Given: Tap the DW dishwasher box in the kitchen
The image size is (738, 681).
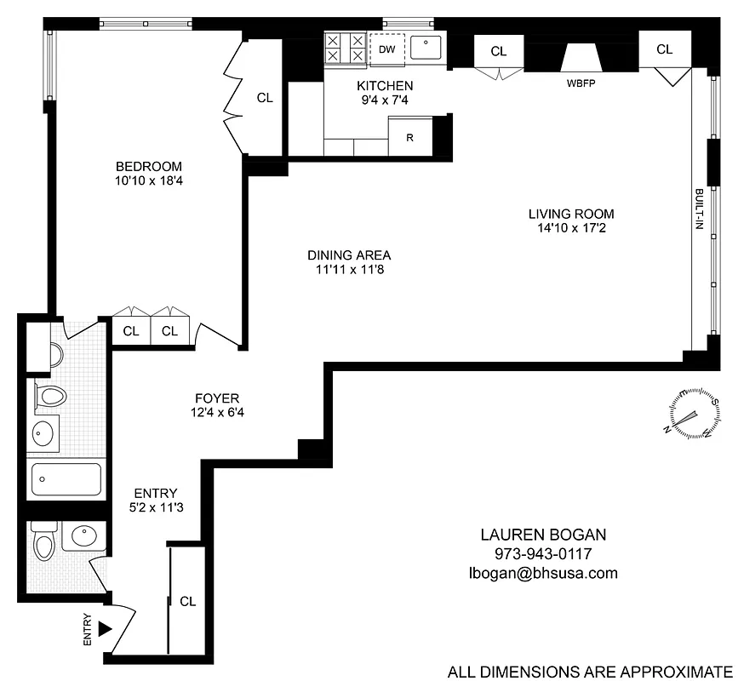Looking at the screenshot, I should tap(386, 49).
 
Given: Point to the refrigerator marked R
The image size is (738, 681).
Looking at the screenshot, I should tap(409, 137).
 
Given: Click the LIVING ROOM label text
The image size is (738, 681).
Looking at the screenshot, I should tap(570, 214).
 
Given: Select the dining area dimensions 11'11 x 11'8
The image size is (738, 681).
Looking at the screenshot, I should tap(349, 270).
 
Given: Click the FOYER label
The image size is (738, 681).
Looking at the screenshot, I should tap(216, 398).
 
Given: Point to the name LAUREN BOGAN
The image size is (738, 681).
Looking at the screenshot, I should tap(544, 535).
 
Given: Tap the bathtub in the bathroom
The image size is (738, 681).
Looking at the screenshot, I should tap(66, 480).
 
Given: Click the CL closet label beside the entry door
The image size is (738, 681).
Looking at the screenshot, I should tap(188, 601).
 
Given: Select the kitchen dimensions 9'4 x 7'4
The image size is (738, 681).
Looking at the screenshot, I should tap(385, 100).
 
